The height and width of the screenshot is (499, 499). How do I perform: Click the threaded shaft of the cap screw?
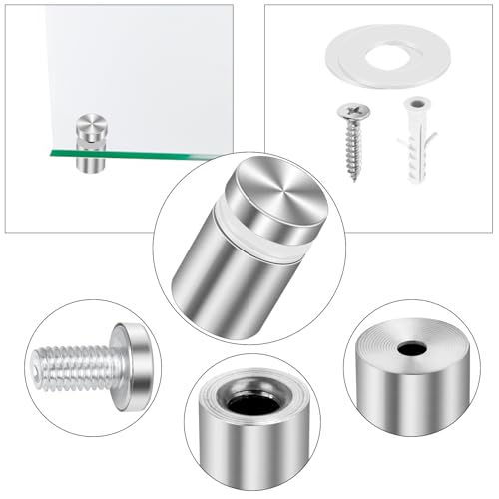coord(75,366)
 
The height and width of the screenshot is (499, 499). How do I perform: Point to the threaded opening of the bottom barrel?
coord(252,403)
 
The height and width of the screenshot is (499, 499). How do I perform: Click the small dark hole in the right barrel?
coord(409,350)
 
